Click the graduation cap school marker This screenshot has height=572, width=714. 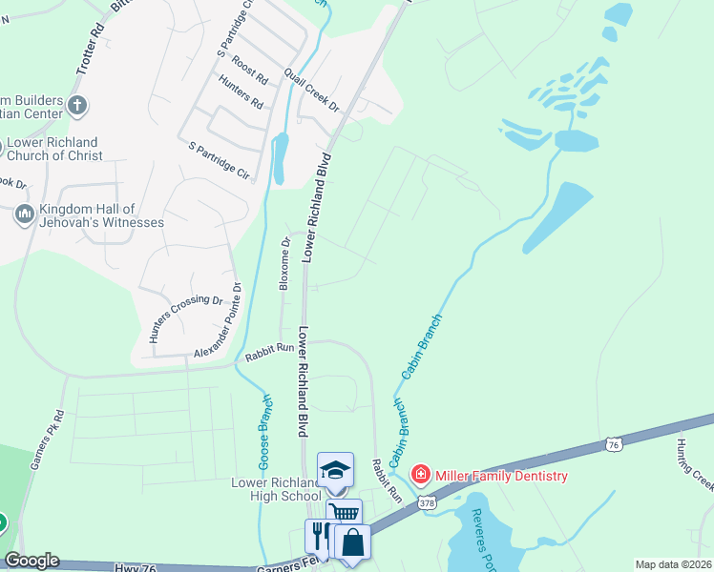335,469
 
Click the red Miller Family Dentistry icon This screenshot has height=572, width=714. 418,475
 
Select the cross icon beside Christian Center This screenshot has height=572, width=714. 77,106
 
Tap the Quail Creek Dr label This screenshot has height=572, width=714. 311,93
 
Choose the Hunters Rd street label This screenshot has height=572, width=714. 240,94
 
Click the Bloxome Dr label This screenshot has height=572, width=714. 283,264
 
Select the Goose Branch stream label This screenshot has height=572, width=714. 264,423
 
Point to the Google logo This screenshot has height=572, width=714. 31,561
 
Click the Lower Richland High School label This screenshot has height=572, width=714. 277,489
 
